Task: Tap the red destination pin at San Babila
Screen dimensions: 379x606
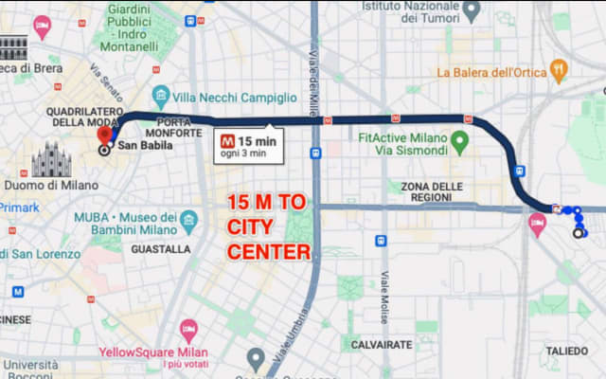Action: tap(105, 134)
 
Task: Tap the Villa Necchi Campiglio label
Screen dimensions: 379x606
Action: tap(235, 97)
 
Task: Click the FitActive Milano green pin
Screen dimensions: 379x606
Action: tap(460, 143)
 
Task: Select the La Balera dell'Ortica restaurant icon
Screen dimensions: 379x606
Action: tap(559, 71)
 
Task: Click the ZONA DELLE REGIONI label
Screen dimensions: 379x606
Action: tap(432, 192)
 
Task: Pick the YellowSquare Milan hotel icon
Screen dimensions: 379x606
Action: tap(188, 332)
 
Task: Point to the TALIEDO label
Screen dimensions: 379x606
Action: tap(566, 351)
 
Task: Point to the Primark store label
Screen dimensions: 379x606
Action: tap(18, 208)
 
